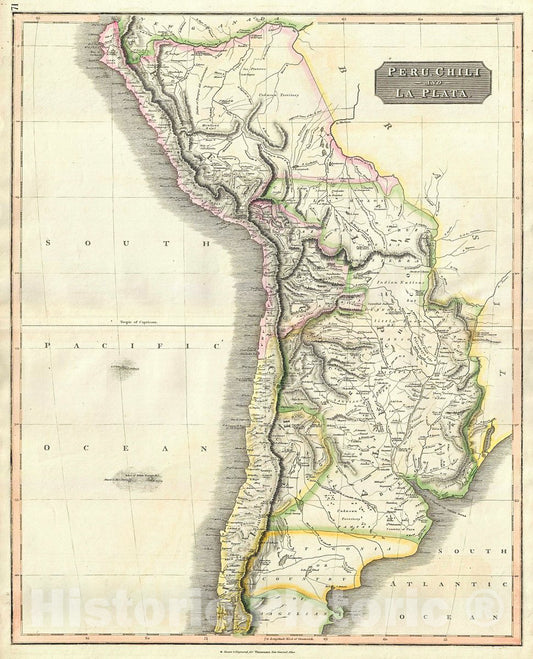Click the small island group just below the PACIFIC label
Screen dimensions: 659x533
click(x=125, y=371)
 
